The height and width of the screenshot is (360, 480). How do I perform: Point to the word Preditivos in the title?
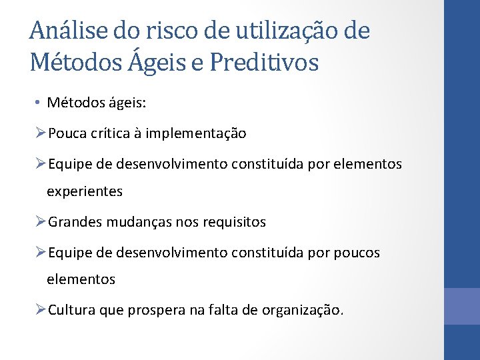264,62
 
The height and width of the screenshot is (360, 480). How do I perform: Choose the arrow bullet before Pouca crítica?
41,133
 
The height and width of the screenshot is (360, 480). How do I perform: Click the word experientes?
85,191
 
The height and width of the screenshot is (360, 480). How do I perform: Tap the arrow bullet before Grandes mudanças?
41,222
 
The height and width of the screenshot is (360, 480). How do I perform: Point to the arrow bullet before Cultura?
41,310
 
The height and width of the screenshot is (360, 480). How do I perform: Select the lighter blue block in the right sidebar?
461,306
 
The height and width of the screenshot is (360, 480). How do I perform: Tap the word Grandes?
73,222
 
